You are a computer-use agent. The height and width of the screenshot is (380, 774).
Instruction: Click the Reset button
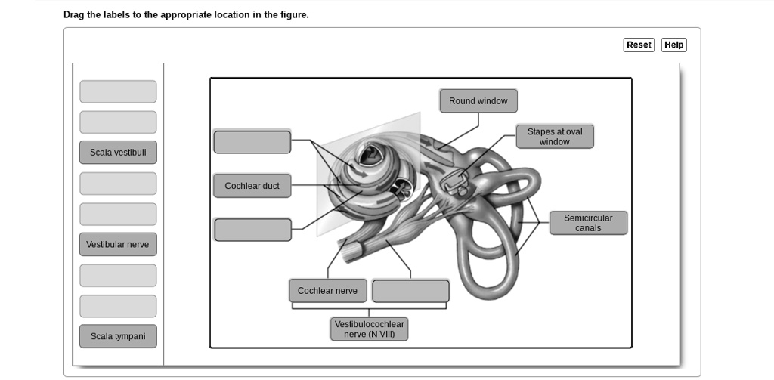(x=639, y=45)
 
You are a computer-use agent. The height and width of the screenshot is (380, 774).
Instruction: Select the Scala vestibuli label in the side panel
(x=118, y=153)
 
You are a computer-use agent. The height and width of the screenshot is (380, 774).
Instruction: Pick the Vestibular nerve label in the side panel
(x=118, y=245)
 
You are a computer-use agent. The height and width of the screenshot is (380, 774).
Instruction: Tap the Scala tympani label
(x=118, y=336)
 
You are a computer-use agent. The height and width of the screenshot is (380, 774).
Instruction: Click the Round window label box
(x=478, y=101)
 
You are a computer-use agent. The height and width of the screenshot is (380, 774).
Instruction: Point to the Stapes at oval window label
(x=555, y=137)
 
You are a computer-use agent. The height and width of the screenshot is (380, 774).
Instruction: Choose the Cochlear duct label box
(x=252, y=186)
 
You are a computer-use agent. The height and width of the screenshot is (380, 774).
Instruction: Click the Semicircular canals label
(x=588, y=223)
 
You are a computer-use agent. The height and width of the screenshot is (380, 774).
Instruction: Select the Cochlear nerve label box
(x=327, y=291)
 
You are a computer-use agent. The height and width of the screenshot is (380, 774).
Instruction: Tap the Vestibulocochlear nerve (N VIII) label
(x=369, y=329)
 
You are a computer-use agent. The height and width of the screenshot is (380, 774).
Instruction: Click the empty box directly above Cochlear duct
(x=252, y=142)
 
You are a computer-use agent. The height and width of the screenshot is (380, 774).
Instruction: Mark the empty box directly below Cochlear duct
(x=252, y=230)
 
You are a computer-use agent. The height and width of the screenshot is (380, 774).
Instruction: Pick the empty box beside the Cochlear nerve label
(x=410, y=291)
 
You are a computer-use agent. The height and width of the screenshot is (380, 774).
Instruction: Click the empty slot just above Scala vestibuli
(x=118, y=122)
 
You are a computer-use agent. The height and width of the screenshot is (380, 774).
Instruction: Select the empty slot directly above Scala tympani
(x=118, y=306)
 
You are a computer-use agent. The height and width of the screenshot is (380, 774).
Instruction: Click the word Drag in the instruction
(x=74, y=15)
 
